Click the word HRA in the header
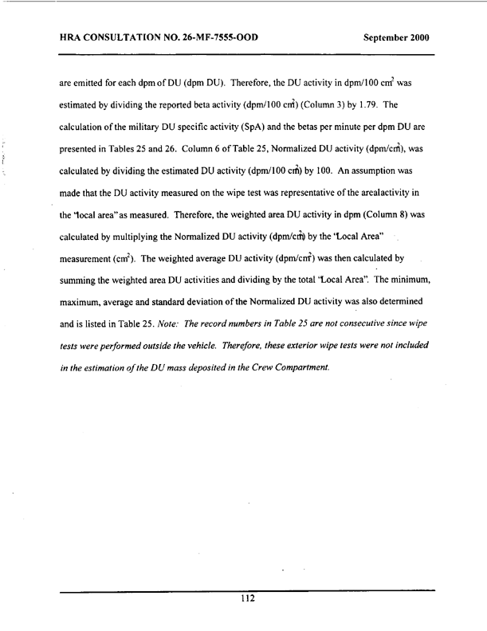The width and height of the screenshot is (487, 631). click(x=72, y=37)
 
